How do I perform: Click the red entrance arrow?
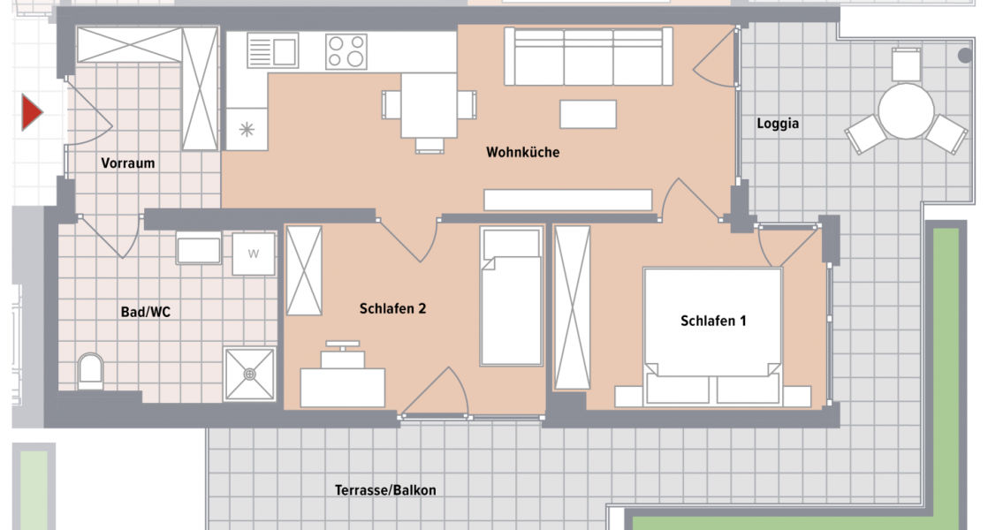point(32,114)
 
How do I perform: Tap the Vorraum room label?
point(128,163)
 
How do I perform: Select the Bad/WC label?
point(145,312)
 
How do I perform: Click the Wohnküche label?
point(522,153)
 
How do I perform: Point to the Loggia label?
point(778,124)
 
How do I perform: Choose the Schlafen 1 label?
point(713,322)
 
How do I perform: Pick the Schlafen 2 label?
point(393,309)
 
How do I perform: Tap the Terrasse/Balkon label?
point(385,490)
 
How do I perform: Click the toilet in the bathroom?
point(90,371)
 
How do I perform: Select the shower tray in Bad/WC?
point(250,374)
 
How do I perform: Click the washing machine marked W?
point(254,254)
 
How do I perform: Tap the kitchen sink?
point(273,50)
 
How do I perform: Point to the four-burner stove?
point(346,51)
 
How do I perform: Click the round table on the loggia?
point(906,111)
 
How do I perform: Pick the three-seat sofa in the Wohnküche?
point(584,56)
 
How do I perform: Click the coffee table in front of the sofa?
point(588,114)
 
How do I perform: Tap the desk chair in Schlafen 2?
point(343,355)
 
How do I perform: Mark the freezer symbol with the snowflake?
point(247,130)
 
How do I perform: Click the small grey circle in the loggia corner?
point(965,55)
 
